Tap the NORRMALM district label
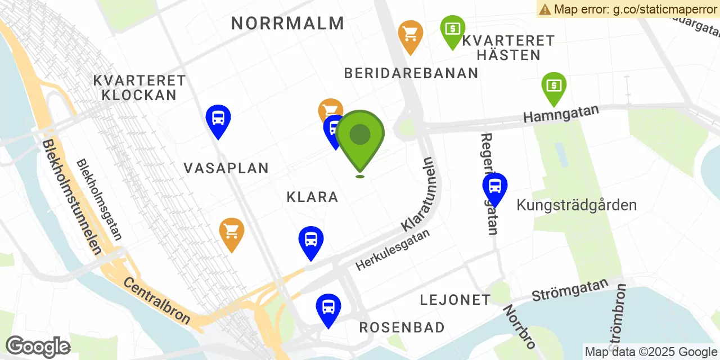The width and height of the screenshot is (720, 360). click(x=287, y=24)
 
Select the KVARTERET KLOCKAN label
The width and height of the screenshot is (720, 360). click(x=139, y=88)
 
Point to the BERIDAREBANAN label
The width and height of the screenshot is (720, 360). click(x=411, y=73)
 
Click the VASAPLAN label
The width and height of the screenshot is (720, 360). click(x=226, y=168)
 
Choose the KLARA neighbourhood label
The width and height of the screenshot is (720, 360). click(x=312, y=197)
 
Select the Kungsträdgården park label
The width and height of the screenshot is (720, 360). click(x=577, y=205)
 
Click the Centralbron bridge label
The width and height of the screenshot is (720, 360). click(x=157, y=301)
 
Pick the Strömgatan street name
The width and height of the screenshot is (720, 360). click(x=570, y=289)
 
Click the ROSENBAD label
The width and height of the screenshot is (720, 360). click(x=402, y=327)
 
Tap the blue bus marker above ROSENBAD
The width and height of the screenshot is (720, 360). click(x=328, y=307)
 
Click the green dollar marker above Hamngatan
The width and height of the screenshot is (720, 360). click(x=554, y=85)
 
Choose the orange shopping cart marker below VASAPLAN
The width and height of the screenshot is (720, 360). click(x=232, y=231)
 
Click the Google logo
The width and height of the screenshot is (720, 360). click(x=38, y=347)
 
